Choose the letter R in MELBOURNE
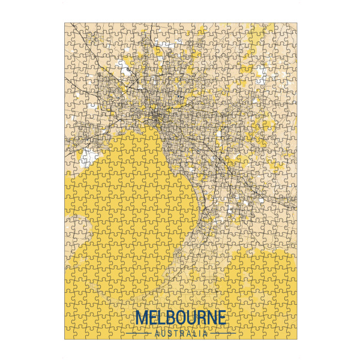point(204,318)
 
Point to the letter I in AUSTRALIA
point(200,334)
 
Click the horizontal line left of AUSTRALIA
point(139,334)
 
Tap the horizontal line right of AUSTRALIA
point(221,334)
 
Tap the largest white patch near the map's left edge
point(88,158)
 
